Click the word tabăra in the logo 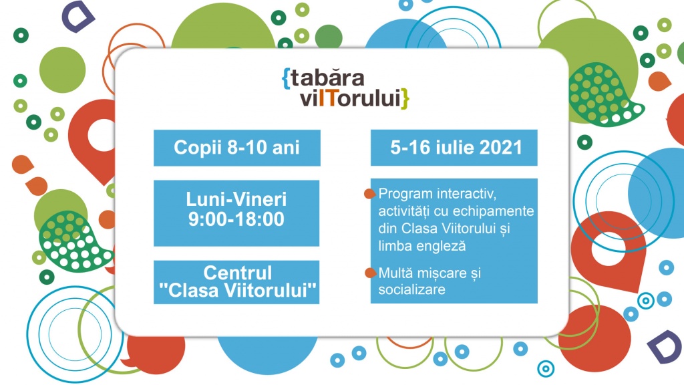[x=327, y=78]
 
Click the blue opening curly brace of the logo [x=286, y=79]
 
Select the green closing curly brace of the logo [x=405, y=99]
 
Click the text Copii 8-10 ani [x=237, y=148]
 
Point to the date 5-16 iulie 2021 [x=456, y=148]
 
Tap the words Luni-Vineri [x=236, y=199]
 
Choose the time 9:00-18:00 [x=236, y=219]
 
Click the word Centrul [x=238, y=273]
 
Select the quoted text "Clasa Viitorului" [x=237, y=290]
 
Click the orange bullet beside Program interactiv [x=370, y=194]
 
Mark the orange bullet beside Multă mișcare [x=370, y=273]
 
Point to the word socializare [x=411, y=289]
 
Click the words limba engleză [x=422, y=245]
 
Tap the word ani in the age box [x=286, y=148]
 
